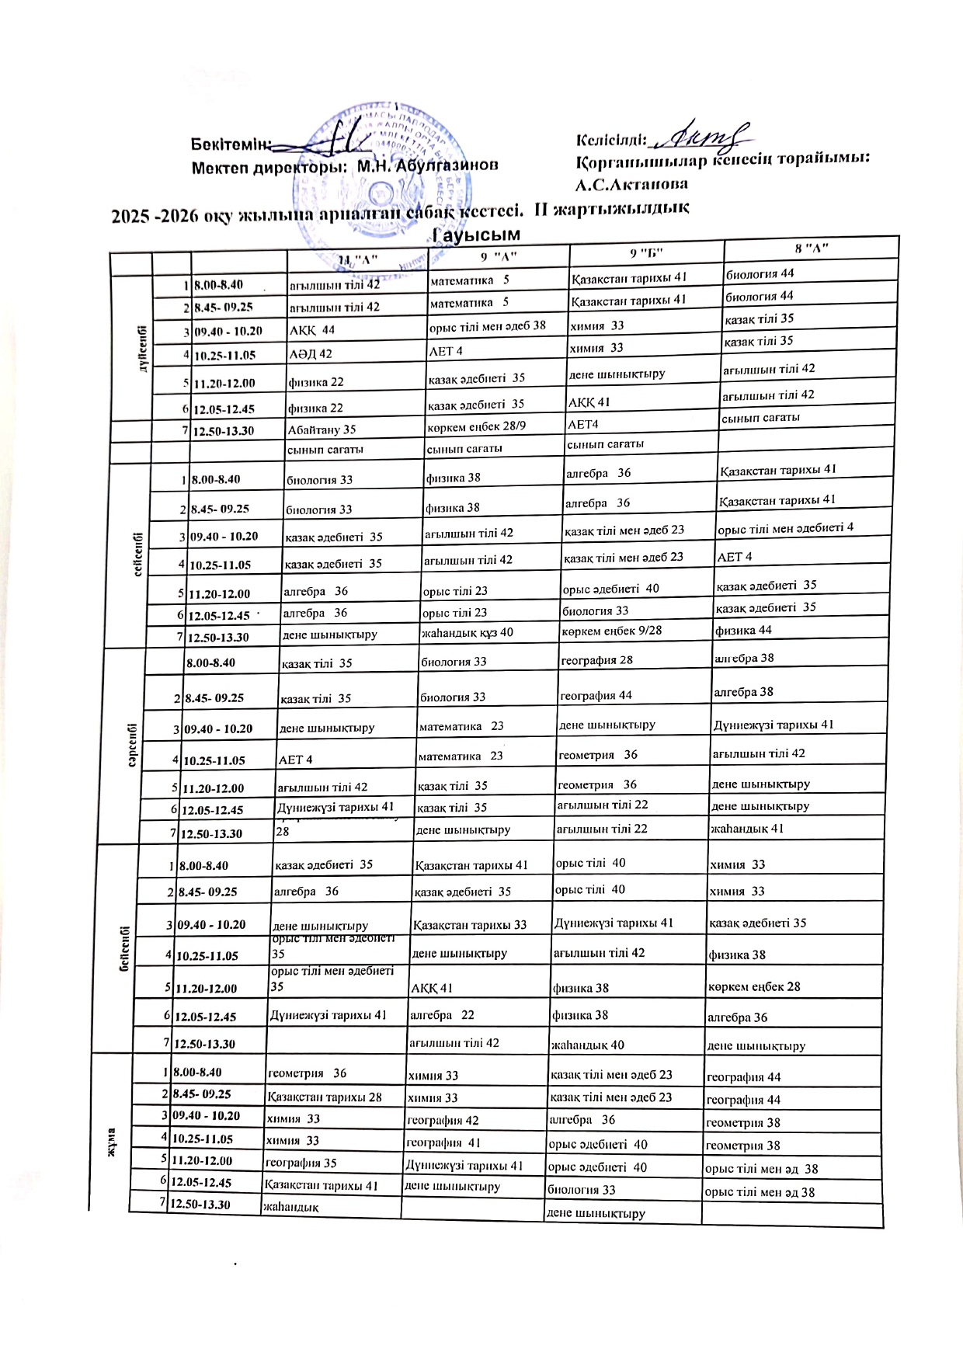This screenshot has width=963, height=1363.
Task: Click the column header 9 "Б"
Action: coord(645,251)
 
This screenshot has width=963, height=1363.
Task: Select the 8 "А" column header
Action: coord(811,247)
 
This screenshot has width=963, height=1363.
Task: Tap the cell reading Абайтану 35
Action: coord(322,429)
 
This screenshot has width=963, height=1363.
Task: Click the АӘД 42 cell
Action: coord(310,354)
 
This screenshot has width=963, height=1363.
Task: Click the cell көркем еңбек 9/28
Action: coord(611,630)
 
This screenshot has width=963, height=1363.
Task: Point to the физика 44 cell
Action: coord(743,630)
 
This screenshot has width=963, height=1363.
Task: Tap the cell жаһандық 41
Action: coord(747,828)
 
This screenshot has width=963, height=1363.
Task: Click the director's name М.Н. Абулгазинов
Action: coord(427,165)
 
